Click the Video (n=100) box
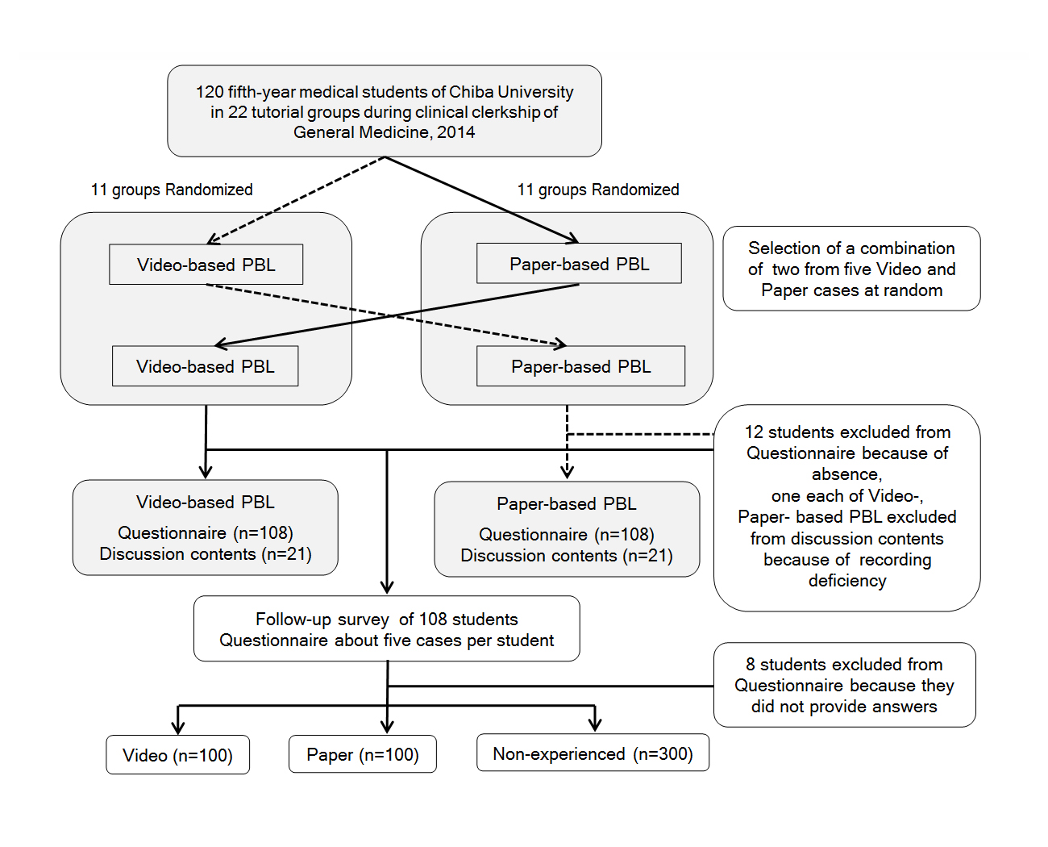click(177, 754)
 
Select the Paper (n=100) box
click(363, 754)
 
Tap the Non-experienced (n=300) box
click(593, 753)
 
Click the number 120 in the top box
click(210, 92)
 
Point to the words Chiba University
click(511, 92)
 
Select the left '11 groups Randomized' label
click(172, 190)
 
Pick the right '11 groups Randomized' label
click(598, 190)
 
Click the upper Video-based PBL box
click(206, 265)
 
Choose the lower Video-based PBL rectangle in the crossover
click(206, 366)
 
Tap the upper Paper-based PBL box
click(579, 263)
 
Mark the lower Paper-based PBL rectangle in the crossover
click(580, 366)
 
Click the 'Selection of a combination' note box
click(851, 269)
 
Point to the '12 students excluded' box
click(846, 508)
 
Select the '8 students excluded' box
click(844, 685)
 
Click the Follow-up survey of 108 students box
click(387, 628)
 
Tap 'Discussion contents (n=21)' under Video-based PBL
click(206, 554)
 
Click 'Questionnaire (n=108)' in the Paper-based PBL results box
click(566, 535)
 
